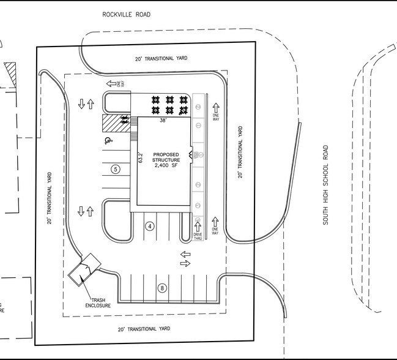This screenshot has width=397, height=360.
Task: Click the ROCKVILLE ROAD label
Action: pyautogui.click(x=126, y=14)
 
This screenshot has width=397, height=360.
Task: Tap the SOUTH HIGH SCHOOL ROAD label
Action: pyautogui.click(x=326, y=184)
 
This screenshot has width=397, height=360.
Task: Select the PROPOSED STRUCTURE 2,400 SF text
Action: pyautogui.click(x=167, y=160)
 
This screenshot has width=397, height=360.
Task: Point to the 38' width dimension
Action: pyautogui.click(x=163, y=121)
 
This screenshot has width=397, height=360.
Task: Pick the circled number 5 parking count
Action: pyautogui.click(x=114, y=169)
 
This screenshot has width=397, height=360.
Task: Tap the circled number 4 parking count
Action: pyautogui.click(x=149, y=226)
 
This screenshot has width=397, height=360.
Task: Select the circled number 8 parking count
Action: pyautogui.click(x=162, y=288)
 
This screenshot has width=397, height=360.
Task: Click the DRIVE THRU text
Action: pyautogui.click(x=198, y=236)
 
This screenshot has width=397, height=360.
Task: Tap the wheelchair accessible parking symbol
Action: pyautogui.click(x=108, y=141)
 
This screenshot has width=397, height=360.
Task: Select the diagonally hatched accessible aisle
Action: pyautogui.click(x=111, y=122)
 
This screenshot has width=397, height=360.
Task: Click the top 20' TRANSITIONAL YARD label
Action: pyautogui.click(x=161, y=58)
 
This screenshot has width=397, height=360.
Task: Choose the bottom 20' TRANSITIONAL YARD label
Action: pyautogui.click(x=144, y=329)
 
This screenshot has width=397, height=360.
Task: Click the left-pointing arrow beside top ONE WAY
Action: pyautogui.click(x=112, y=84)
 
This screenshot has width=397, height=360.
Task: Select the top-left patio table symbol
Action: pyautogui.click(x=157, y=99)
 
